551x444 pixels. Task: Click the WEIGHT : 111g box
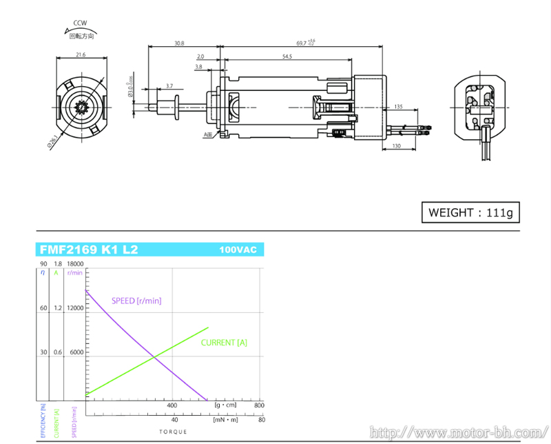(x=470, y=212)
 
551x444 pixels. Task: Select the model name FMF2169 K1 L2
(x=89, y=249)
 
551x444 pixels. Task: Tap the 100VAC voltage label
(x=238, y=250)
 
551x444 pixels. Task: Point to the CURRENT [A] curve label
(x=224, y=343)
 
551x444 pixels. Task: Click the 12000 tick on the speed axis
(x=74, y=308)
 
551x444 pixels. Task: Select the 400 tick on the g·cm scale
(x=173, y=406)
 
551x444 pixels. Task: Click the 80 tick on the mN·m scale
(x=260, y=420)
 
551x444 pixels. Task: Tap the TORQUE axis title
(x=173, y=432)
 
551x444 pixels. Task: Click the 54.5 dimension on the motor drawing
(x=287, y=56)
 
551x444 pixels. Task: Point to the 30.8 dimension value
(x=179, y=43)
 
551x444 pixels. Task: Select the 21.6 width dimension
(x=81, y=54)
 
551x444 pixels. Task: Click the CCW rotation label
(x=80, y=23)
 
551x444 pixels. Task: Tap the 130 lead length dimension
(x=397, y=146)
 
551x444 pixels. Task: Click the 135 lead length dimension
(x=399, y=107)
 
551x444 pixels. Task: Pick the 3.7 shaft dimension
(x=169, y=86)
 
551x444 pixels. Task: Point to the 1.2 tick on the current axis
(x=58, y=308)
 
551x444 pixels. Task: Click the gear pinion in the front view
(x=81, y=108)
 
